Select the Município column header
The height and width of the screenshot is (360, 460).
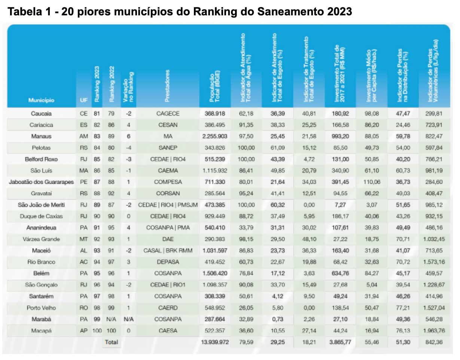41,100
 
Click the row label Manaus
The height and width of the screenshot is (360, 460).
41,137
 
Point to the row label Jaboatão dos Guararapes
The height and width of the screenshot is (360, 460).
41,182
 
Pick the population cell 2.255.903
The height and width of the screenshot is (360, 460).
214,137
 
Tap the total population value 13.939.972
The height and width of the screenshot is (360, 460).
214,342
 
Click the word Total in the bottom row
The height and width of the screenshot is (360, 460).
111,342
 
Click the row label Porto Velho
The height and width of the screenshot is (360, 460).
41,308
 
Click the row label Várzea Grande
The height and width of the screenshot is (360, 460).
41,240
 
